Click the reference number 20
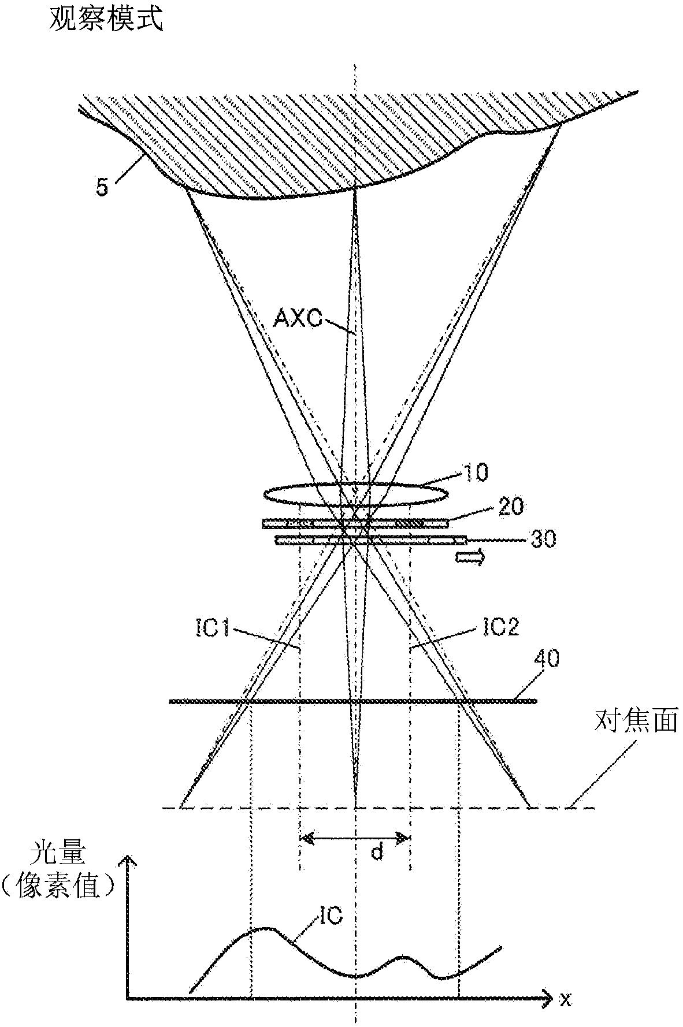click(511, 507)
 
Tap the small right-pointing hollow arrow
click(470, 557)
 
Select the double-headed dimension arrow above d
click(355, 836)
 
